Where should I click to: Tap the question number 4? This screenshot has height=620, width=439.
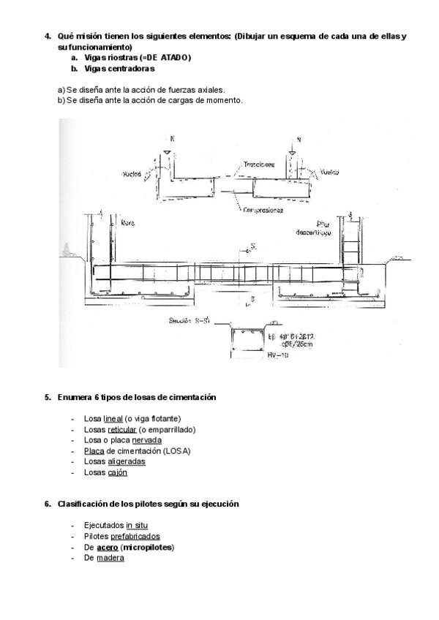coord(48,37)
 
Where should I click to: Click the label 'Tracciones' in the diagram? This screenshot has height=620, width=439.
coord(259,165)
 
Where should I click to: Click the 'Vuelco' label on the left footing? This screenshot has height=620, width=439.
coord(132,175)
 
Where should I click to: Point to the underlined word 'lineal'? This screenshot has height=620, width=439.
coord(113,419)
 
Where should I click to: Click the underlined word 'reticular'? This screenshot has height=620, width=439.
coord(122,430)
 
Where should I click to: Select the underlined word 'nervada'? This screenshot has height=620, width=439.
coord(147,440)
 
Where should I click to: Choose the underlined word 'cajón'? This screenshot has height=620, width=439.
coord(118,472)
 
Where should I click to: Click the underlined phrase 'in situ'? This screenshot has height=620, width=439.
coord(138,526)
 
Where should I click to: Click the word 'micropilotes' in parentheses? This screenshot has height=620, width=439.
coord(150,547)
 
